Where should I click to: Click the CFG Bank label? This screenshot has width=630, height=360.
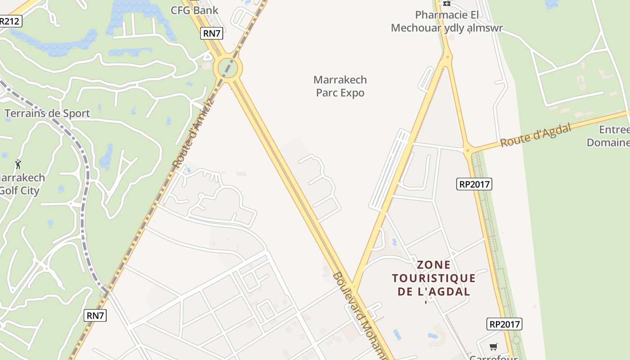coord(194,10)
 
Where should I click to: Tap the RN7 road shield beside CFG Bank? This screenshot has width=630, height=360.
coord(212,33)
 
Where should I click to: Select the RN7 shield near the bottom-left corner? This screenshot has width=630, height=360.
coord(95,315)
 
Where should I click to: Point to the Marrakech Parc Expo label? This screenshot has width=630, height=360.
coord(340,86)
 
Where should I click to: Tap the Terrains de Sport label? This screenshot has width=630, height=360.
coord(47,113)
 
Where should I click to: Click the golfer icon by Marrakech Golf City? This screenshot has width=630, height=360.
coord(18,164)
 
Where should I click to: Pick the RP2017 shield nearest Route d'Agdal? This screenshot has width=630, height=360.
coord(474,184)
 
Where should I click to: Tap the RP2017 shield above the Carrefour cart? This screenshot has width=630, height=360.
coord(504,324)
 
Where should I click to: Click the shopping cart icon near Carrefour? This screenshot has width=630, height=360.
coord(494,346)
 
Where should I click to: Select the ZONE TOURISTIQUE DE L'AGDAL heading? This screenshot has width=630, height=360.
coord(434,278)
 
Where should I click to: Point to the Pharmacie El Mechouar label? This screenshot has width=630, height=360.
coord(446,22)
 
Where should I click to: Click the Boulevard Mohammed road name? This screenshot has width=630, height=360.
coord(360,315)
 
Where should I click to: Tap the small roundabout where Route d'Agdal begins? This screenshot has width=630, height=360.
coord(468,150)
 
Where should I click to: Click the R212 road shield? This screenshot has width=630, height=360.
coord(10,21)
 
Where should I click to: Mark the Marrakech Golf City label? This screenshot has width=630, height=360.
coord(22,184)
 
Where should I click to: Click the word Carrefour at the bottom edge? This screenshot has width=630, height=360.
coord(494,357)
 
